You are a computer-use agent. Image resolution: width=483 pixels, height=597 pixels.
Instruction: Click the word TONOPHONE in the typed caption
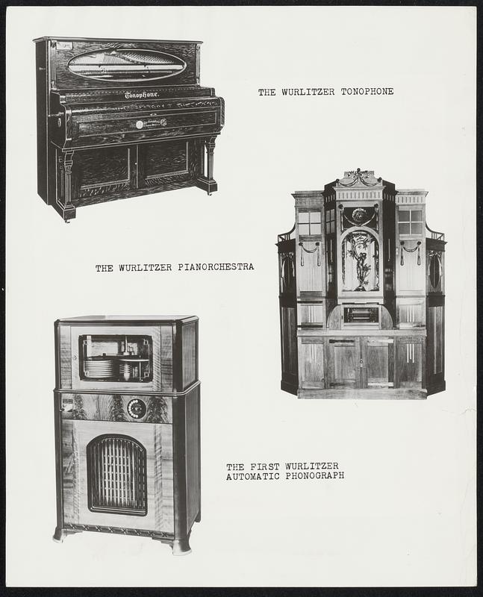point(367,92)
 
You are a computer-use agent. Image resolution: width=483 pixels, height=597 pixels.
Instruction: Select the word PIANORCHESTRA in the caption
point(216,267)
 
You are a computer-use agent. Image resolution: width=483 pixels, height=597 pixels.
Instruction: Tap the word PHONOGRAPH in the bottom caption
point(315,476)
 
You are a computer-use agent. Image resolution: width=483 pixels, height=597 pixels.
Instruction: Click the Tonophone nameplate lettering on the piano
point(142,95)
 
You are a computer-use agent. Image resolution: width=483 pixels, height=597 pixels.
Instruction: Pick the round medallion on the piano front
point(140,124)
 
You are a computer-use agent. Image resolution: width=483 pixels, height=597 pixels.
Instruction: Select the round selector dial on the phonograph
point(137,408)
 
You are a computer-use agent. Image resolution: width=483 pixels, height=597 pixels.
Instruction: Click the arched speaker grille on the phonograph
point(117,475)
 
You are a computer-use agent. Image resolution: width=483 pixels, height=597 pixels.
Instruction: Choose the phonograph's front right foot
point(181,546)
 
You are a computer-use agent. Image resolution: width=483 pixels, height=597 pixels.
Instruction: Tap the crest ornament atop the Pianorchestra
point(360,178)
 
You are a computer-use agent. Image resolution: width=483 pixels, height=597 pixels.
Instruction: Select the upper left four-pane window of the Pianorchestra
point(309,223)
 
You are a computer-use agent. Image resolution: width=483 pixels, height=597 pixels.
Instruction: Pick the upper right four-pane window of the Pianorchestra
point(411,222)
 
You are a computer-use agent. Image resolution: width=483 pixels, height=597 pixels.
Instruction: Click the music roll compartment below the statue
point(361,315)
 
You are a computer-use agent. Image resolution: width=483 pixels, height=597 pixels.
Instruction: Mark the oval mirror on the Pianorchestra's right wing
point(435,271)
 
